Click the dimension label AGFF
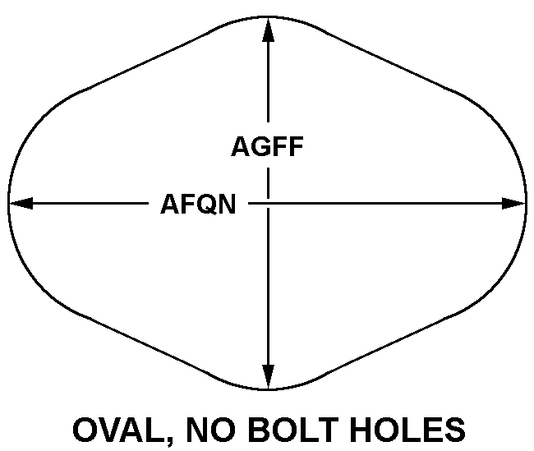(268, 148)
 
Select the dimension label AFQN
(198, 204)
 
